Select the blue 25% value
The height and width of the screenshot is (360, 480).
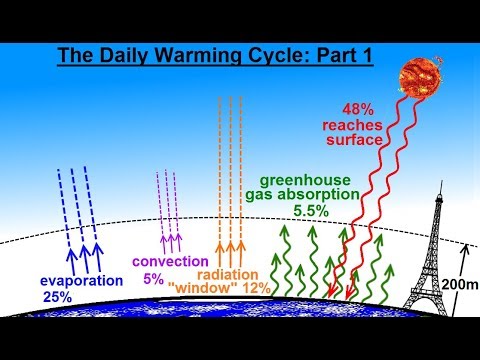pyautogui.click(x=57, y=295)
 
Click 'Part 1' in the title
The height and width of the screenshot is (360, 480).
pyautogui.click(x=340, y=55)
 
